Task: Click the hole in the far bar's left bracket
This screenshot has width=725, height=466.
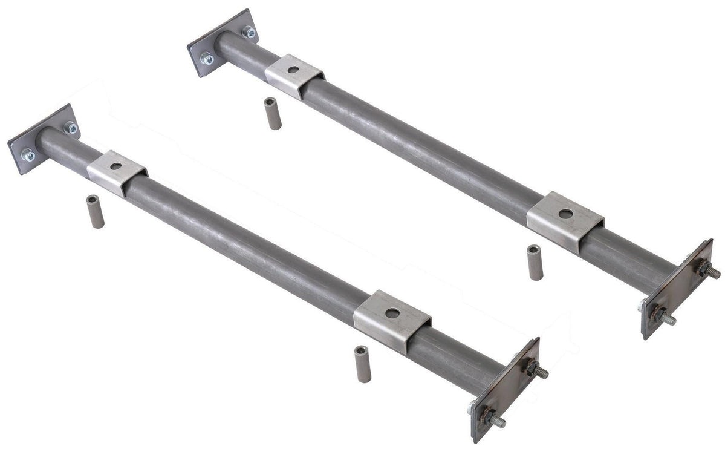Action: [293, 70]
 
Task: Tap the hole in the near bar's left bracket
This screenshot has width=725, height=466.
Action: [115, 166]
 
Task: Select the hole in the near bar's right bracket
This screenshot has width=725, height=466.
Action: [392, 313]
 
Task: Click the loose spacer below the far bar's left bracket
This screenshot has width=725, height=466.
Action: [273, 114]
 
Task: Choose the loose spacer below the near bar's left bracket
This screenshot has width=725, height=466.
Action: [95, 211]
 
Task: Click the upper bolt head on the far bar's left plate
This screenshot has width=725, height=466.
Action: [248, 31]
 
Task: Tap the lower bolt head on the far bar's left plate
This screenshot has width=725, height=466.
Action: [207, 59]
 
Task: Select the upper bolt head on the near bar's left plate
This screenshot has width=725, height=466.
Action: [70, 128]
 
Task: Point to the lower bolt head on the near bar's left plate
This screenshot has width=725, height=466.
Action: [28, 156]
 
